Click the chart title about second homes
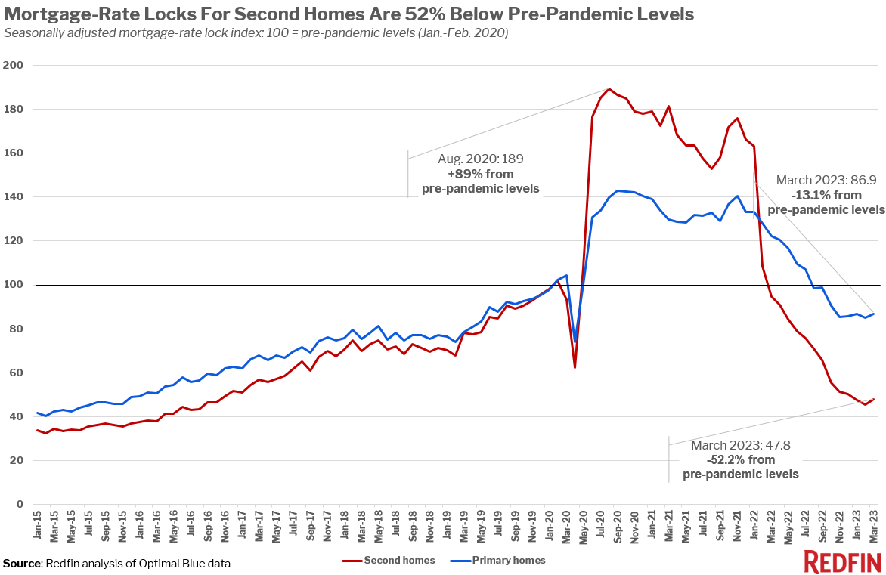pyautogui.click(x=349, y=14)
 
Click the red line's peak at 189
pyautogui.click(x=609, y=89)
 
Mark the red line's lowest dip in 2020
pyautogui.click(x=575, y=367)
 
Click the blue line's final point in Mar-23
pyautogui.click(x=872, y=314)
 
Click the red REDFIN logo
pyautogui.click(x=841, y=562)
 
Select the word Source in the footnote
pyautogui.click(x=22, y=563)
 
